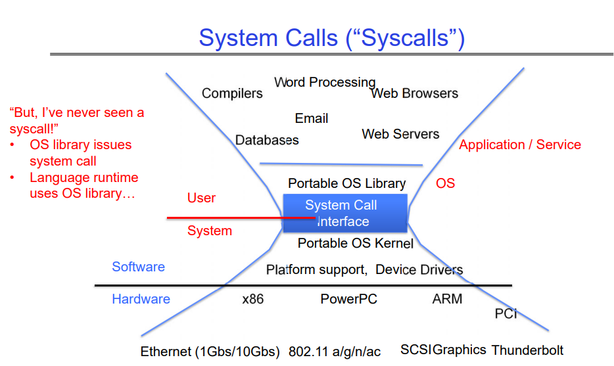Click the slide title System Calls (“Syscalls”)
pyautogui.click(x=332, y=38)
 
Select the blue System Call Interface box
pyautogui.click(x=345, y=213)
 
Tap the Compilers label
pyautogui.click(x=232, y=93)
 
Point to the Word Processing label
pyautogui.click(x=325, y=82)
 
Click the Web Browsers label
pyautogui.click(x=414, y=93)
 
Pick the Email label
pyautogui.click(x=312, y=118)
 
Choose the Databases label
pyautogui.click(x=267, y=140)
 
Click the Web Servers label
pyautogui.click(x=400, y=134)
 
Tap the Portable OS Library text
pyautogui.click(x=347, y=183)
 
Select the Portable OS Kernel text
pyautogui.click(x=356, y=243)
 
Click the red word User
pyautogui.click(x=201, y=198)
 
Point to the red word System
pyautogui.click(x=210, y=231)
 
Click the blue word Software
pyautogui.click(x=138, y=267)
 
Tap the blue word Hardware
pyautogui.click(x=141, y=299)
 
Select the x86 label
pyautogui.click(x=252, y=299)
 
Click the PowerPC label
pyautogui.click(x=348, y=299)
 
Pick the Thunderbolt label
pyautogui.click(x=527, y=350)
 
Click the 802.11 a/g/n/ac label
pyautogui.click(x=335, y=352)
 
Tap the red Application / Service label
pyautogui.click(x=519, y=145)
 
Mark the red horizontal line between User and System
pyautogui.click(x=241, y=217)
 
